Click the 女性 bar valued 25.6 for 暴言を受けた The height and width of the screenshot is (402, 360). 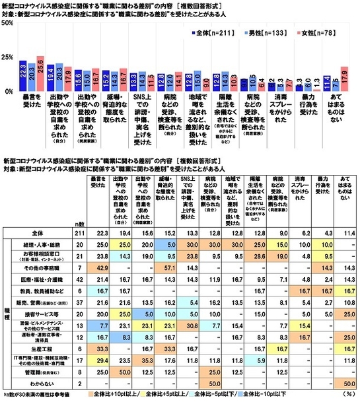(39, 73)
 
